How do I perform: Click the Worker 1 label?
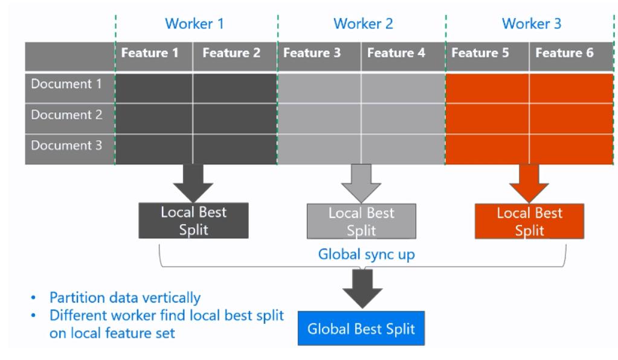click(x=196, y=25)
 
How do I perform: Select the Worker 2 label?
click(x=363, y=25)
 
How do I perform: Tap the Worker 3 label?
click(x=529, y=25)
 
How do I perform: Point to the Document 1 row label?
click(x=66, y=84)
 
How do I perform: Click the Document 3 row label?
click(x=66, y=146)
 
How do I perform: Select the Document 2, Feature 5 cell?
click(x=487, y=115)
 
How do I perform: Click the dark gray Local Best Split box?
click(x=193, y=220)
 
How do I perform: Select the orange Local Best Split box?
click(x=529, y=221)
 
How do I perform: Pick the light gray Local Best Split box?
click(x=361, y=221)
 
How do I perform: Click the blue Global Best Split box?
click(x=361, y=329)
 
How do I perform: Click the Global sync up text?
click(x=367, y=254)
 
